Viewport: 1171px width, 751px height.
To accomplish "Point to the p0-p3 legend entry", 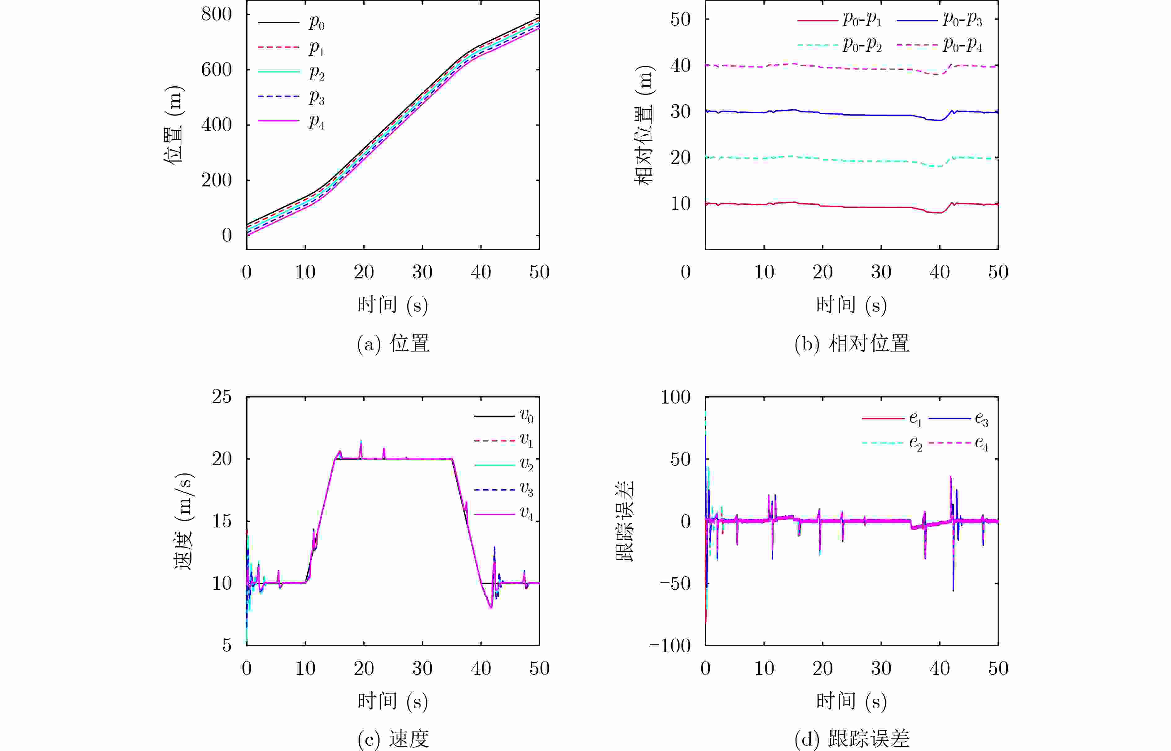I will click(962, 20).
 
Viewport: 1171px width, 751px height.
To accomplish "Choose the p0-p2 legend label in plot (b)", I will click(862, 45).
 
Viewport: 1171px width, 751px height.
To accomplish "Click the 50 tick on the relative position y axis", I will click(680, 20).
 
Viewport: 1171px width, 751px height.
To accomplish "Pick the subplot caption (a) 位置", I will click(393, 344).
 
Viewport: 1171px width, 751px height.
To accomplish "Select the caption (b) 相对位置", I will click(852, 344).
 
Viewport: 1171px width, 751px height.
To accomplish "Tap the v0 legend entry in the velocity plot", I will click(526, 416).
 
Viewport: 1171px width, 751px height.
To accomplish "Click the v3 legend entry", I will click(526, 489).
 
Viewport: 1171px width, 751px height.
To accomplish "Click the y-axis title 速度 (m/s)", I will click(184, 521).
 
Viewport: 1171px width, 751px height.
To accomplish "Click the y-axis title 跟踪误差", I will click(625, 521).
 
